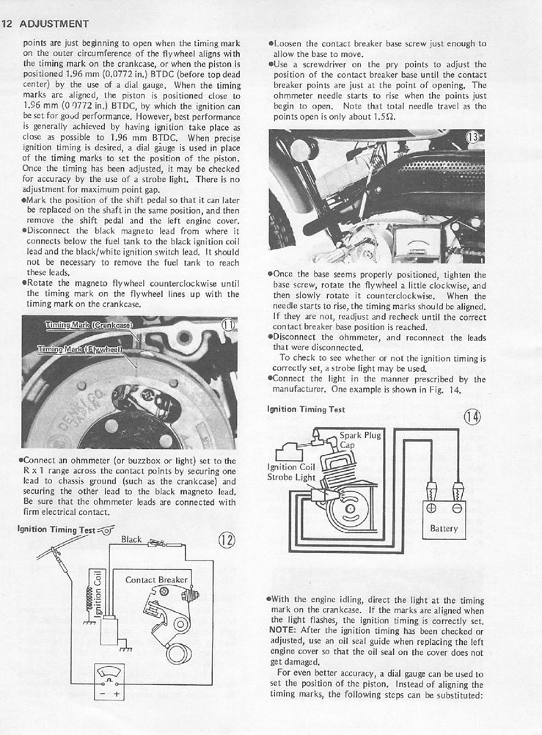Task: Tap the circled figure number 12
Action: click(226, 541)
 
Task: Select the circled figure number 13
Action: click(475, 138)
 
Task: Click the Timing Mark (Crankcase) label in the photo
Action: click(87, 324)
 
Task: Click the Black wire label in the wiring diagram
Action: click(131, 539)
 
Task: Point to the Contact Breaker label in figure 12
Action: click(156, 579)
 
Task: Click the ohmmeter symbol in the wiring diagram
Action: click(107, 679)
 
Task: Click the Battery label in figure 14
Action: click(444, 528)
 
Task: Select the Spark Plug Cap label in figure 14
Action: click(359, 440)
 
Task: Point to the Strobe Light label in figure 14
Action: click(293, 477)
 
